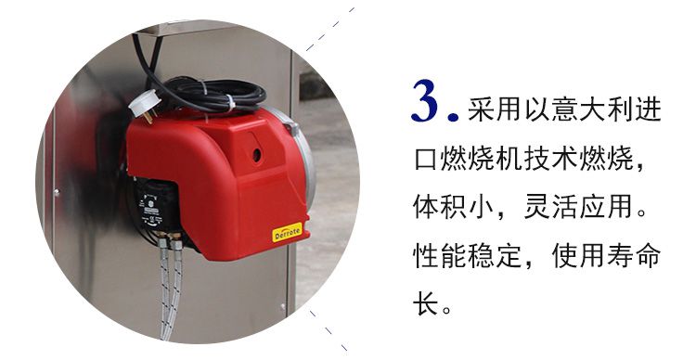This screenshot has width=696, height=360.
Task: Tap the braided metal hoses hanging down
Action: coord(169,278)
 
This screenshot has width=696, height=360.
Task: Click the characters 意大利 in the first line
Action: coord(579,109)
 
